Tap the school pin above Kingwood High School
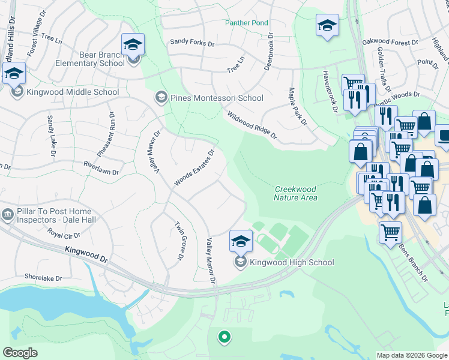[241, 241]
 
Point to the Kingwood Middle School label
[73, 92]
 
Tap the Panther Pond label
[247, 23]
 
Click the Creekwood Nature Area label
[295, 193]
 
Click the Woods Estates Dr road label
[194, 168]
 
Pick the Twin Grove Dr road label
[178, 241]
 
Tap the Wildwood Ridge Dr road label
[252, 125]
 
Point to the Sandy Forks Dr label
[192, 43]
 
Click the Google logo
[20, 353]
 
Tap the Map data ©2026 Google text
[412, 355]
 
